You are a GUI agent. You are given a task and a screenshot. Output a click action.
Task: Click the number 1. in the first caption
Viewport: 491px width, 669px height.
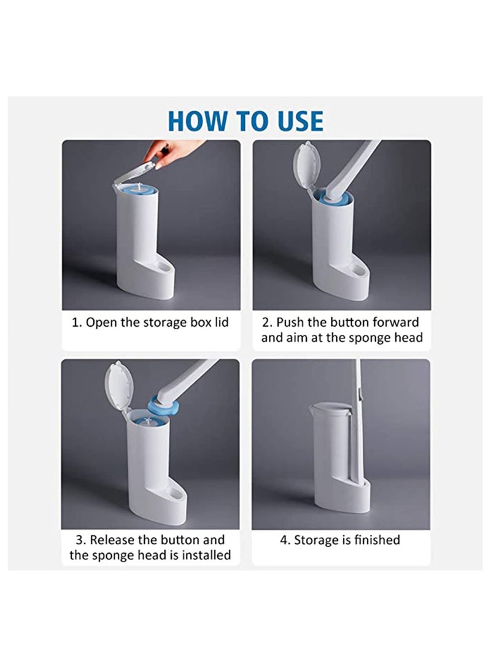tap(77, 323)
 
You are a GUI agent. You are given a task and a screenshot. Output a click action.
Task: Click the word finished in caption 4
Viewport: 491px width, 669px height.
tap(377, 540)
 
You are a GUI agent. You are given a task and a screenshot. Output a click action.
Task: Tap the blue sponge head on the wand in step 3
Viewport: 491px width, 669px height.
tap(161, 406)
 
